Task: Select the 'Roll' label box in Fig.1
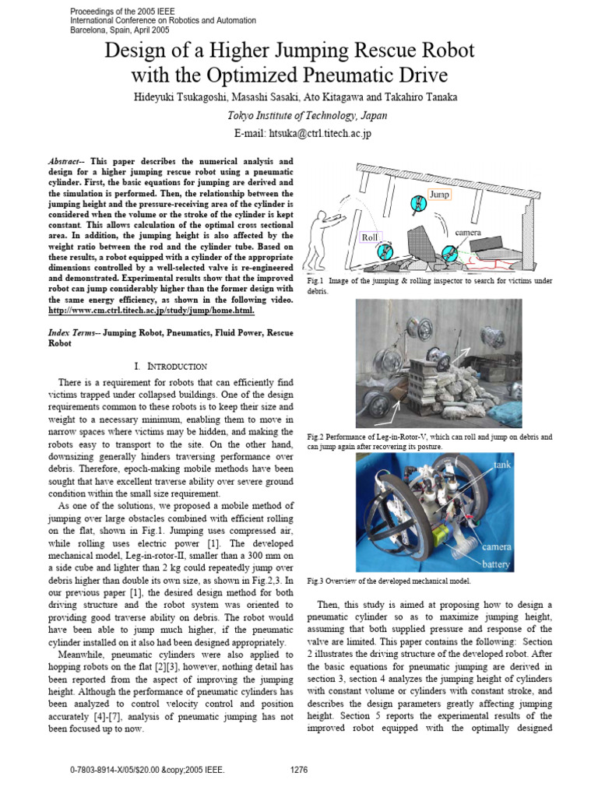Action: pyautogui.click(x=371, y=237)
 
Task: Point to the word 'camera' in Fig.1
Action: pyautogui.click(x=469, y=232)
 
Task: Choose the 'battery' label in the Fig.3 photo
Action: pyautogui.click(x=496, y=564)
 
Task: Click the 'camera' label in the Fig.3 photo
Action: pyautogui.click(x=496, y=546)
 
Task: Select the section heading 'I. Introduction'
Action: pyautogui.click(x=170, y=366)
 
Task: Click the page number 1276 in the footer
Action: pyautogui.click(x=299, y=770)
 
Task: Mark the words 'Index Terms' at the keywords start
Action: pyautogui.click(x=70, y=332)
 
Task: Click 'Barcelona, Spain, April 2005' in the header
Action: pyautogui.click(x=119, y=30)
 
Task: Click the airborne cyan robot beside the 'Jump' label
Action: pyautogui.click(x=418, y=205)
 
